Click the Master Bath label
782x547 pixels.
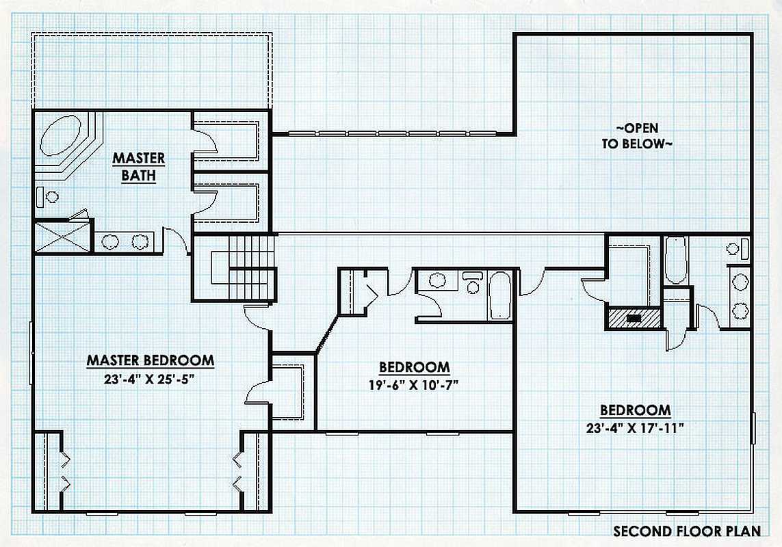139,167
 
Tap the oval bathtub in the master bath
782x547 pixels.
60,135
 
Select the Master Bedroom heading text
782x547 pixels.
151,360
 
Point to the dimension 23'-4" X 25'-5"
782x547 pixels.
148,379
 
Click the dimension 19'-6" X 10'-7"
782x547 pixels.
413,385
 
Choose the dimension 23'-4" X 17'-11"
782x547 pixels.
635,428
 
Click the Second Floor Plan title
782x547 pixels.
687,531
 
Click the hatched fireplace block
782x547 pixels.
634,318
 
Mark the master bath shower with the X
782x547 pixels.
63,238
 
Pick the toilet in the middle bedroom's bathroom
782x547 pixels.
471,282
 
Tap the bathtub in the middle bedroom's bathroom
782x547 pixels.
499,295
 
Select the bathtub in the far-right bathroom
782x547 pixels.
676,261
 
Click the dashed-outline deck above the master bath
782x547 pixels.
152,71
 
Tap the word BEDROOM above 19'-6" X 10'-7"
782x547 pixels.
415,367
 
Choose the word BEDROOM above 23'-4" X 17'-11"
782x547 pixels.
635,410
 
